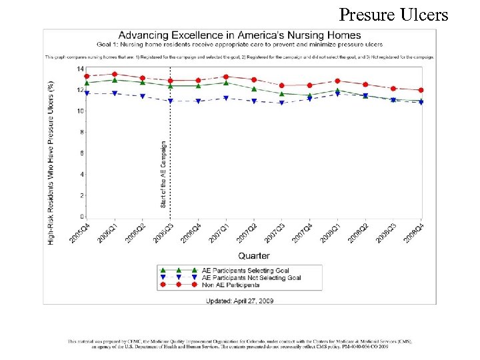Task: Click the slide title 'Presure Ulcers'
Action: tap(393, 14)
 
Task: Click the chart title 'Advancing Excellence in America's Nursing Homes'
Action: tap(239, 35)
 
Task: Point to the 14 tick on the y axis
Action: tap(79, 69)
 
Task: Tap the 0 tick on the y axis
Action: tap(81, 217)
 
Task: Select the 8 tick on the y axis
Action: tap(81, 132)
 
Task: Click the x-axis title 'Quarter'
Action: tap(253, 256)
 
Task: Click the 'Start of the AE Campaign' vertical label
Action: tap(164, 173)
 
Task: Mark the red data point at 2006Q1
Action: tap(115, 74)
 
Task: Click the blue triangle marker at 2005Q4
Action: tap(87, 94)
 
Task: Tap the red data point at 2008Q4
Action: tap(421, 90)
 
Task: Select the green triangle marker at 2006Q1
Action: tap(115, 80)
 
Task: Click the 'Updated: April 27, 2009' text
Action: tap(240, 301)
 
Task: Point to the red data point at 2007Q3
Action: tap(281, 85)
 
